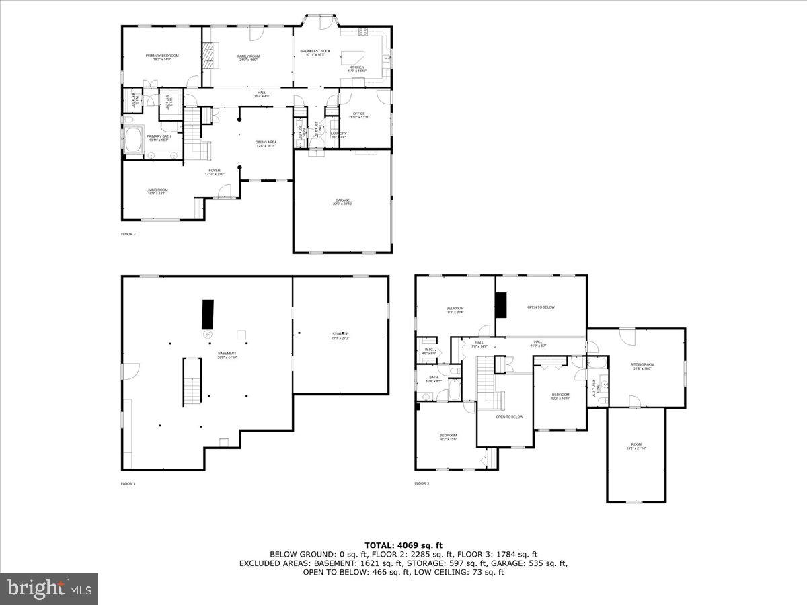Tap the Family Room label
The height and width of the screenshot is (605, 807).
[248, 58]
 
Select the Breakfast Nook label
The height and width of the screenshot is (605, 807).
[315, 53]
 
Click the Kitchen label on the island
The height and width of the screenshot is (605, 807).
[356, 68]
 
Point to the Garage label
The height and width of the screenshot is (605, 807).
[342, 202]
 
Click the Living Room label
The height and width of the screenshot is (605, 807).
[157, 192]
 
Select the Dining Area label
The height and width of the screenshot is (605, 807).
[266, 144]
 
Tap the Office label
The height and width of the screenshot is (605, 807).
[358, 116]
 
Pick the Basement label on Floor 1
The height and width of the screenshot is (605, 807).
[227, 355]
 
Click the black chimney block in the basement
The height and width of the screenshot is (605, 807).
[208, 314]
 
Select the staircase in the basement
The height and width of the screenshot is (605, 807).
[192, 382]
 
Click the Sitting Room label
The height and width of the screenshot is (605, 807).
[642, 366]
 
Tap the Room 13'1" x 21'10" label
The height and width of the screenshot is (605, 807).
[636, 446]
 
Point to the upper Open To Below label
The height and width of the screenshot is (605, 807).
[541, 307]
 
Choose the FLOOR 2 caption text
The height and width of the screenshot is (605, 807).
[128, 234]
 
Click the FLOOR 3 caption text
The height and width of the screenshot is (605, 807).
[422, 483]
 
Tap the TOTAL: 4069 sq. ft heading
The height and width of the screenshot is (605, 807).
[403, 545]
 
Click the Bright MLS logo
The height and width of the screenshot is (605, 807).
[49, 588]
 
